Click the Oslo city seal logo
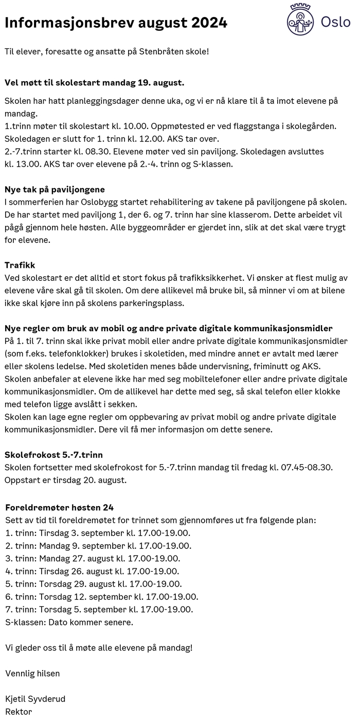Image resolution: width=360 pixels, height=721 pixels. (300, 20)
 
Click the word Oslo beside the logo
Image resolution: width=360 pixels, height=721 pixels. (335, 22)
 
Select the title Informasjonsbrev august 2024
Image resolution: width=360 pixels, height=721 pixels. (116, 23)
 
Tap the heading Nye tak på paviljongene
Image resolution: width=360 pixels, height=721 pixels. (55, 190)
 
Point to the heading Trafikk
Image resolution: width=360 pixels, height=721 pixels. (20, 265)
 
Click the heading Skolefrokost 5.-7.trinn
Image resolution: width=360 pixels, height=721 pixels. (53, 455)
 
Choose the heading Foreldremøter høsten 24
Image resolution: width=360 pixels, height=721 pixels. (59, 508)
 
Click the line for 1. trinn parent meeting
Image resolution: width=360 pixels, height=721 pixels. (98, 533)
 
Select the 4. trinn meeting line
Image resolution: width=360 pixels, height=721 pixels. (92, 571)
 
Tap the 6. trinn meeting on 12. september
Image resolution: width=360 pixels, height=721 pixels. (101, 597)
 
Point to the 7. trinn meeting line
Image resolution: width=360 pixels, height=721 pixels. (99, 609)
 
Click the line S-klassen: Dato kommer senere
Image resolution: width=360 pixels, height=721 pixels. (69, 622)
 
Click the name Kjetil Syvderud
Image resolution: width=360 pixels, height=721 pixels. (35, 699)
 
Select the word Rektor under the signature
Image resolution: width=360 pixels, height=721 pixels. (19, 712)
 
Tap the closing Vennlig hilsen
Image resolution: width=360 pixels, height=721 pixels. (32, 673)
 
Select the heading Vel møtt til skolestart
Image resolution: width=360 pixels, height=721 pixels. (95, 82)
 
